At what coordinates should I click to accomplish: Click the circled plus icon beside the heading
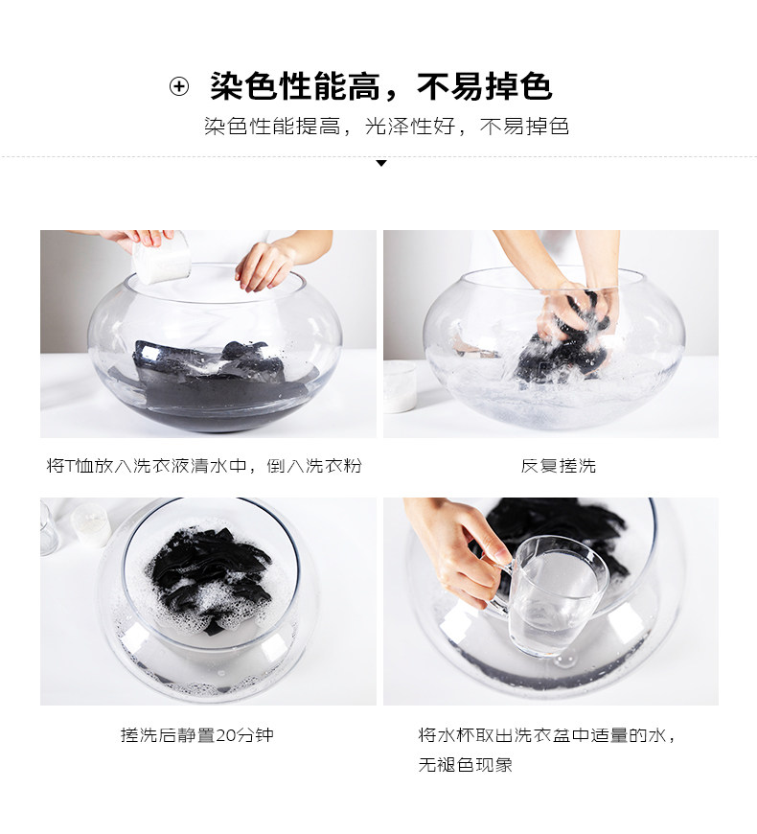179,86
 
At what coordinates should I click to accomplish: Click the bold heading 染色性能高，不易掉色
381,86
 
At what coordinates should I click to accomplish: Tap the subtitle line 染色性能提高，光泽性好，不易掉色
386,127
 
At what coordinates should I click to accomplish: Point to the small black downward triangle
380,163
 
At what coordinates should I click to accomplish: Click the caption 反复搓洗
559,465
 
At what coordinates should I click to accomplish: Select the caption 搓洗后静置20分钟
197,734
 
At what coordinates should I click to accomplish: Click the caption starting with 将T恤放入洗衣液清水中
204,465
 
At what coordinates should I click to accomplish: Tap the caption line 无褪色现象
465,764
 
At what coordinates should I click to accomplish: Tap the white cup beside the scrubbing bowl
400,386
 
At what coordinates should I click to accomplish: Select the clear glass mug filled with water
554,595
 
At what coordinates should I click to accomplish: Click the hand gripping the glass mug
457,553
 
